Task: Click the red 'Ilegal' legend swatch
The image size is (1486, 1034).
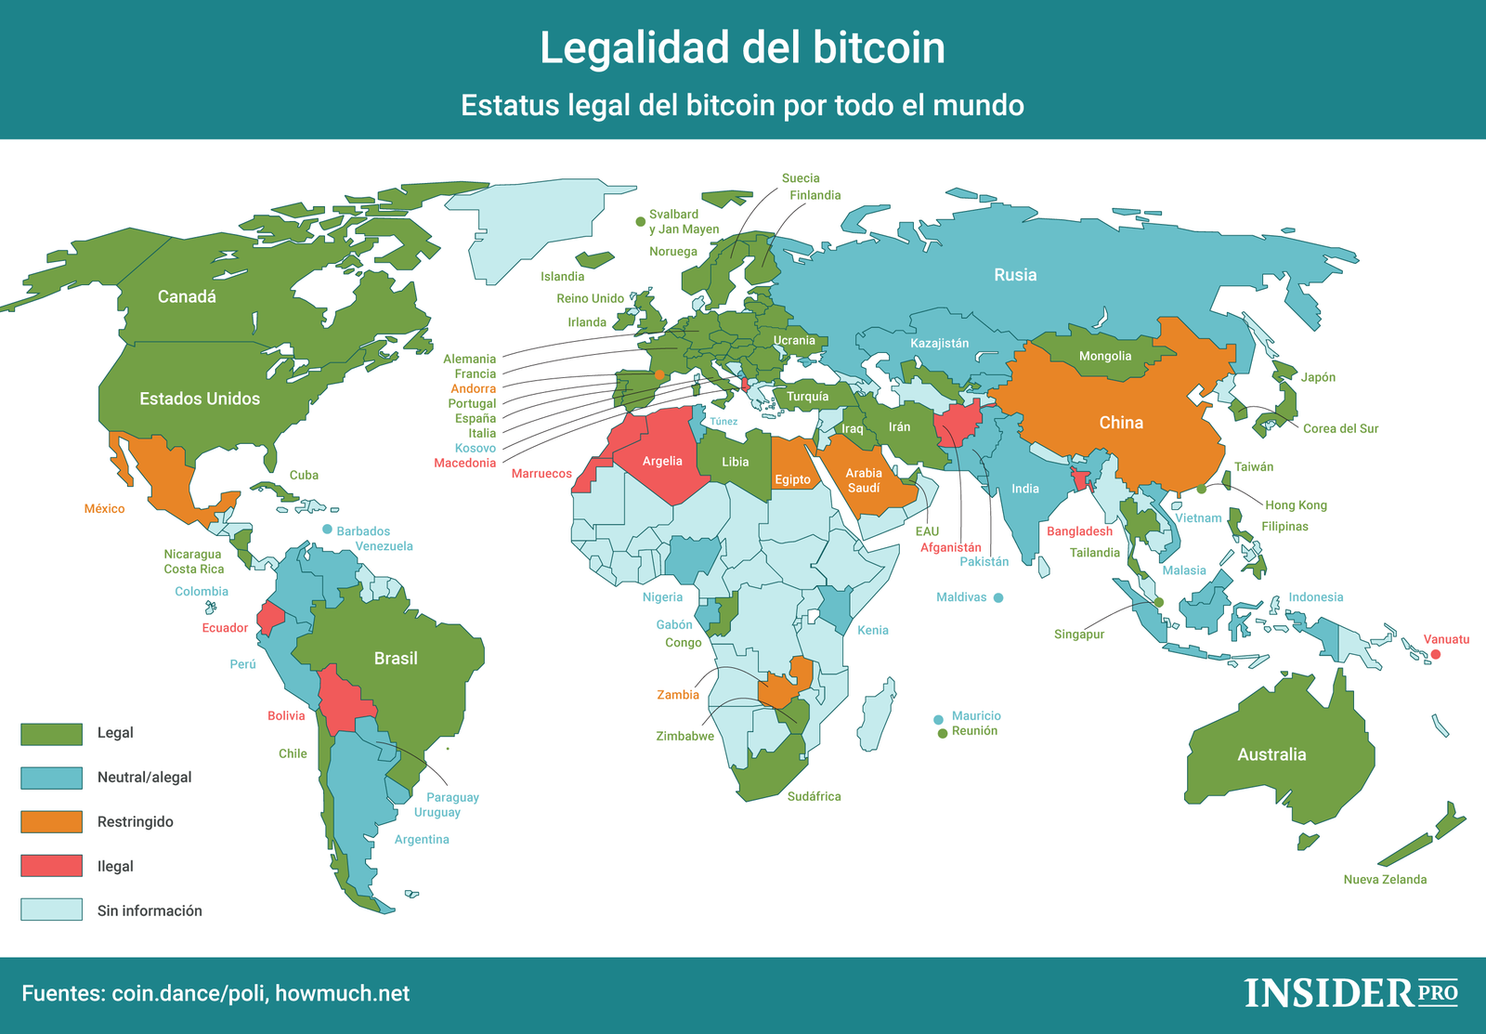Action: click(51, 866)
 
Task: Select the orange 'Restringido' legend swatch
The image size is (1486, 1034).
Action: click(51, 821)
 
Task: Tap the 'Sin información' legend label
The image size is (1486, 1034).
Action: click(150, 910)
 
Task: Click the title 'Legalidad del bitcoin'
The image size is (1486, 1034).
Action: click(742, 48)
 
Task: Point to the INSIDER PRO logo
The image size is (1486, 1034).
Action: click(1350, 992)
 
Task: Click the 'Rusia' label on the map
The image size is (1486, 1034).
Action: click(1014, 275)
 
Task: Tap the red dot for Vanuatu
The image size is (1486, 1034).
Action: click(1435, 655)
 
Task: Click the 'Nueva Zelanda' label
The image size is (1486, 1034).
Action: click(1384, 879)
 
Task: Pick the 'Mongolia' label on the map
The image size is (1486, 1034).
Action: click(1104, 356)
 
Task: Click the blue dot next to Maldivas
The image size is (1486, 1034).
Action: click(998, 598)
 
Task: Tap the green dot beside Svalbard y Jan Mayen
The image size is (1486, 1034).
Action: click(640, 221)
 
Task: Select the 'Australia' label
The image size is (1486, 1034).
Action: click(1271, 754)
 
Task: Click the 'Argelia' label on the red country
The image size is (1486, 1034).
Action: click(661, 461)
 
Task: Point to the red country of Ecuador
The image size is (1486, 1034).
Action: click(270, 618)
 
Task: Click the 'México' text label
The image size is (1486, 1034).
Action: click(104, 508)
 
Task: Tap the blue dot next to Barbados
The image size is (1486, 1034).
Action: click(327, 530)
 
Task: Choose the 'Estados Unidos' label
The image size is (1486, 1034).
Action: click(200, 399)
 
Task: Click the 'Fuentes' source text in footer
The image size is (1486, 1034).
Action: click(215, 993)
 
